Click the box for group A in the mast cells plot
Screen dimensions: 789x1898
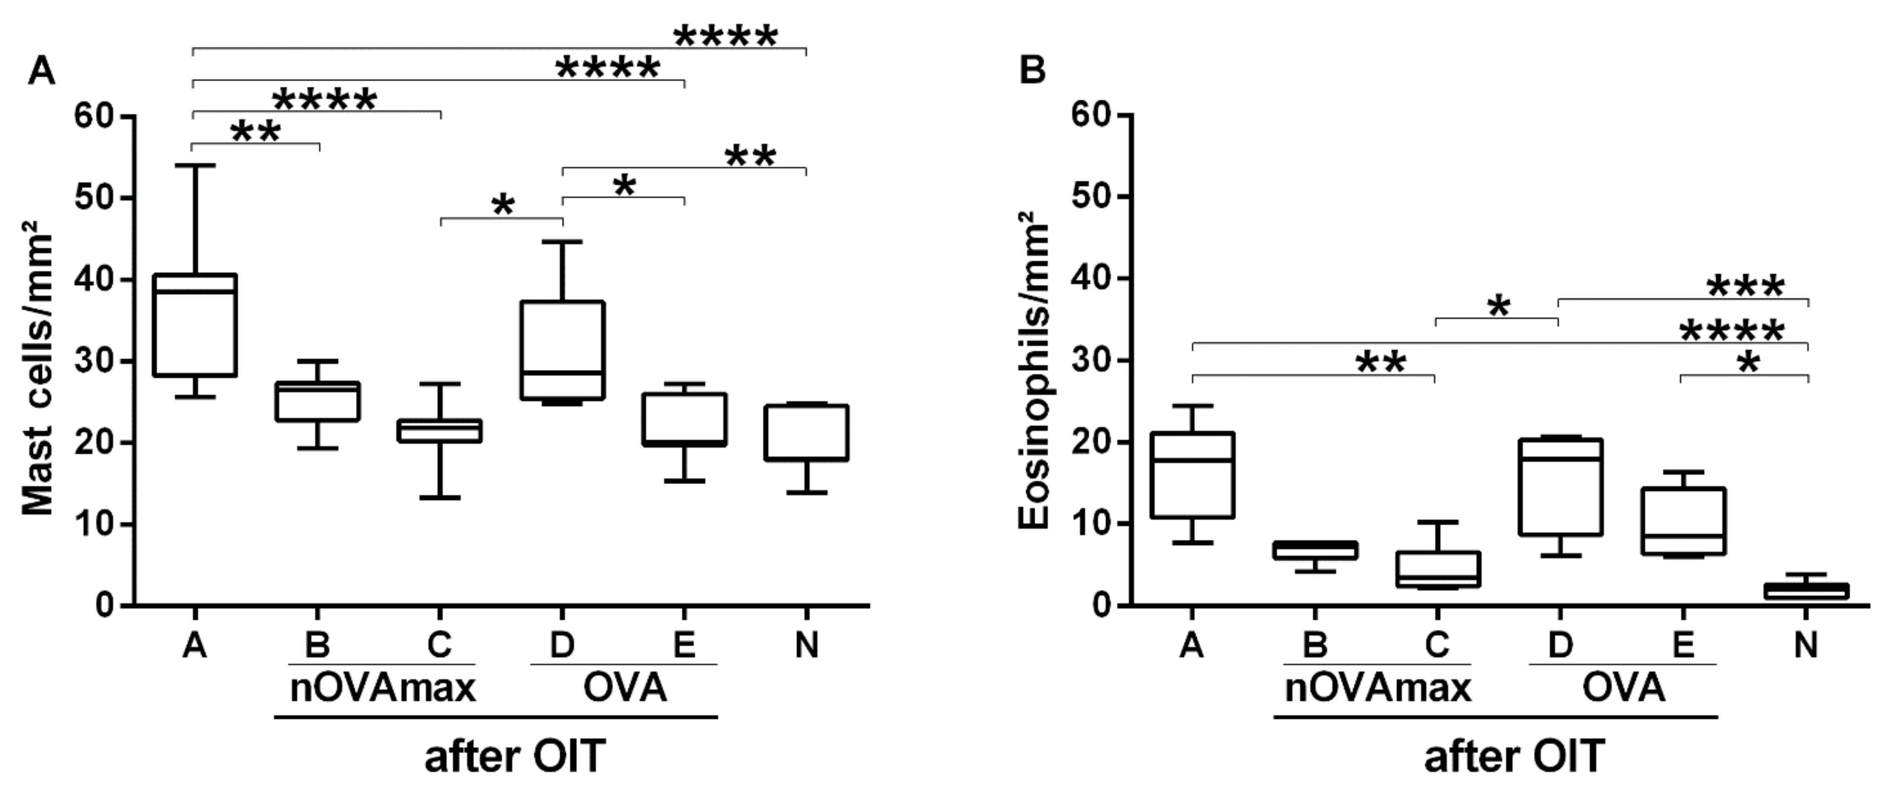click(x=195, y=325)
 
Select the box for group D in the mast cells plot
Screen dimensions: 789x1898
click(x=562, y=350)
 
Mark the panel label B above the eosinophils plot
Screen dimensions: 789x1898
click(x=1032, y=71)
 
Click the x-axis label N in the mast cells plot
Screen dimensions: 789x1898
click(x=807, y=646)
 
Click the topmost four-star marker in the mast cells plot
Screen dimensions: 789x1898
click(x=726, y=36)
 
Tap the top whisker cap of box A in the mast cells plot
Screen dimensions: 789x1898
click(x=195, y=165)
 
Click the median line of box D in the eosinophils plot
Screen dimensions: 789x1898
click(x=1560, y=458)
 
